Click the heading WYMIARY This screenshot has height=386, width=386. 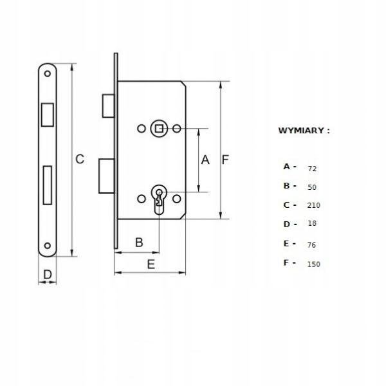point(301,131)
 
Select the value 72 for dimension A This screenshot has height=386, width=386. point(312,169)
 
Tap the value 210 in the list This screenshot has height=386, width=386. point(313,205)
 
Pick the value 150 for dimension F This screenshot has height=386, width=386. point(313,264)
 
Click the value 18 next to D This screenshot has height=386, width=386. point(312,223)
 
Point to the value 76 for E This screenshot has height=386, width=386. point(311,245)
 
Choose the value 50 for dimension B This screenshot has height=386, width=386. point(312,187)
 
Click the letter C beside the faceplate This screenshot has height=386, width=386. point(80,159)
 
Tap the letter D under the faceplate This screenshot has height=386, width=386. point(48,275)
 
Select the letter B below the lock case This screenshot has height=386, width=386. point(139,243)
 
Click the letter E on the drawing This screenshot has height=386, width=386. point(151,264)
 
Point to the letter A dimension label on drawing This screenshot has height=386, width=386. point(205,160)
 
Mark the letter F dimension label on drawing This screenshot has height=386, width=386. point(225,160)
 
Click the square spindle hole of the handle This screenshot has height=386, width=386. point(159,129)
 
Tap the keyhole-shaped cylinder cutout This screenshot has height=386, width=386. point(159,199)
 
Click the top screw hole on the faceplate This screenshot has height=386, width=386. point(47,73)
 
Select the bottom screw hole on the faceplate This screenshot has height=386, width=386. point(47,246)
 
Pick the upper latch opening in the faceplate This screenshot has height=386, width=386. point(47,115)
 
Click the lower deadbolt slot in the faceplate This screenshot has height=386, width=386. point(47,185)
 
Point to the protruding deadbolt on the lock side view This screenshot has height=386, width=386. point(107,176)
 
